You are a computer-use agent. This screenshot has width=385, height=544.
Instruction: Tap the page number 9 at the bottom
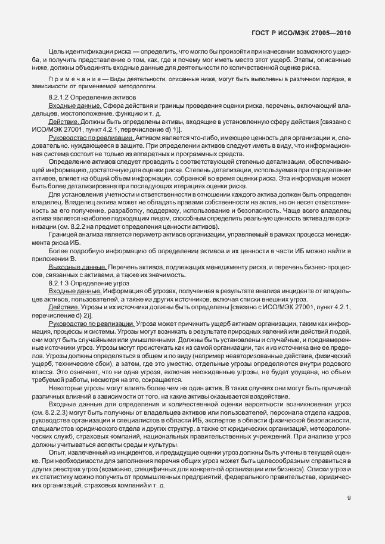point(349,498)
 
